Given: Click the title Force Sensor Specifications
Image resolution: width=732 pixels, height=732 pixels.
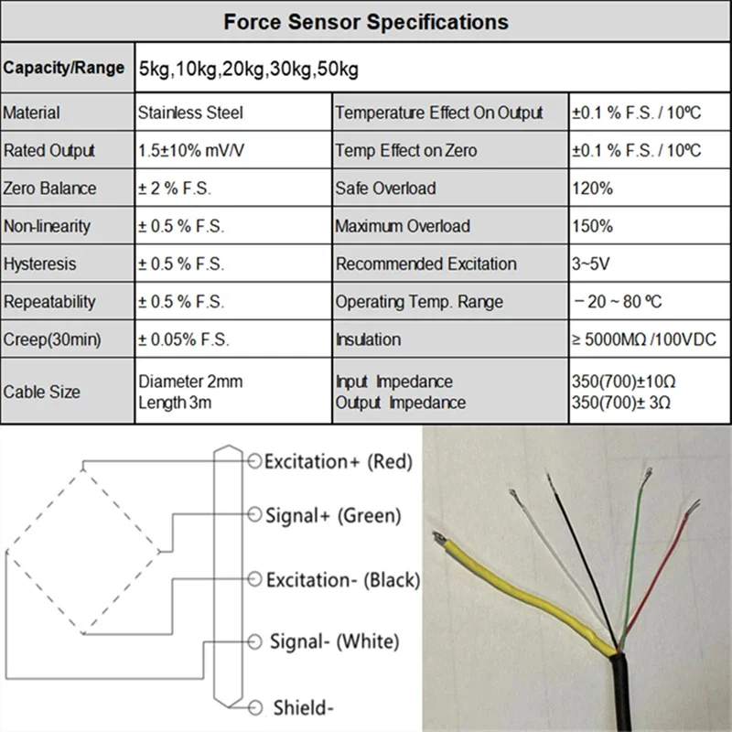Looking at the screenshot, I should [x=366, y=21].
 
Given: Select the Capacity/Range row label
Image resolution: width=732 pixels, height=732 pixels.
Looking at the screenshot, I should [x=64, y=68].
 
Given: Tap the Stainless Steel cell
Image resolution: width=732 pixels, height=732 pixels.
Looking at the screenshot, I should [x=191, y=113].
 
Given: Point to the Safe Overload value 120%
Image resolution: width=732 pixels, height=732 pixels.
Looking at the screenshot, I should [x=592, y=188].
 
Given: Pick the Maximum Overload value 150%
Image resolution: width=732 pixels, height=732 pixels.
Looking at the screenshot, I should [x=592, y=226].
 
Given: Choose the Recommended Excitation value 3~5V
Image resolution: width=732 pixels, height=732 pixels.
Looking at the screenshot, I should [x=591, y=264].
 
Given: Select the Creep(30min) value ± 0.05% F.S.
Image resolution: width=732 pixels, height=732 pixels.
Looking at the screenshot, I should [x=184, y=339].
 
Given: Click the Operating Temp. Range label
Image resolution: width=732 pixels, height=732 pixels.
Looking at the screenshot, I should [x=419, y=302].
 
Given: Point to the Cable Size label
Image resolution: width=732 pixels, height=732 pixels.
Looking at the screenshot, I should [x=42, y=392].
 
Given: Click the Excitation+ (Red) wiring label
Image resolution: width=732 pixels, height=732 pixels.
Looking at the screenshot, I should [x=339, y=461].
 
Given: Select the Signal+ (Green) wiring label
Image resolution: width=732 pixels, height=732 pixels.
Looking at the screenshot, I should [x=333, y=516].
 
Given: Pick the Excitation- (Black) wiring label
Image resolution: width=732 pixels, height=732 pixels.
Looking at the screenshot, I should [x=342, y=579].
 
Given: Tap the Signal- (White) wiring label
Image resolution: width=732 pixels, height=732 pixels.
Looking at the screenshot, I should [x=334, y=641].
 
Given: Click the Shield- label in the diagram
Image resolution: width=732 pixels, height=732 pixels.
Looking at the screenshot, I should [x=303, y=706].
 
